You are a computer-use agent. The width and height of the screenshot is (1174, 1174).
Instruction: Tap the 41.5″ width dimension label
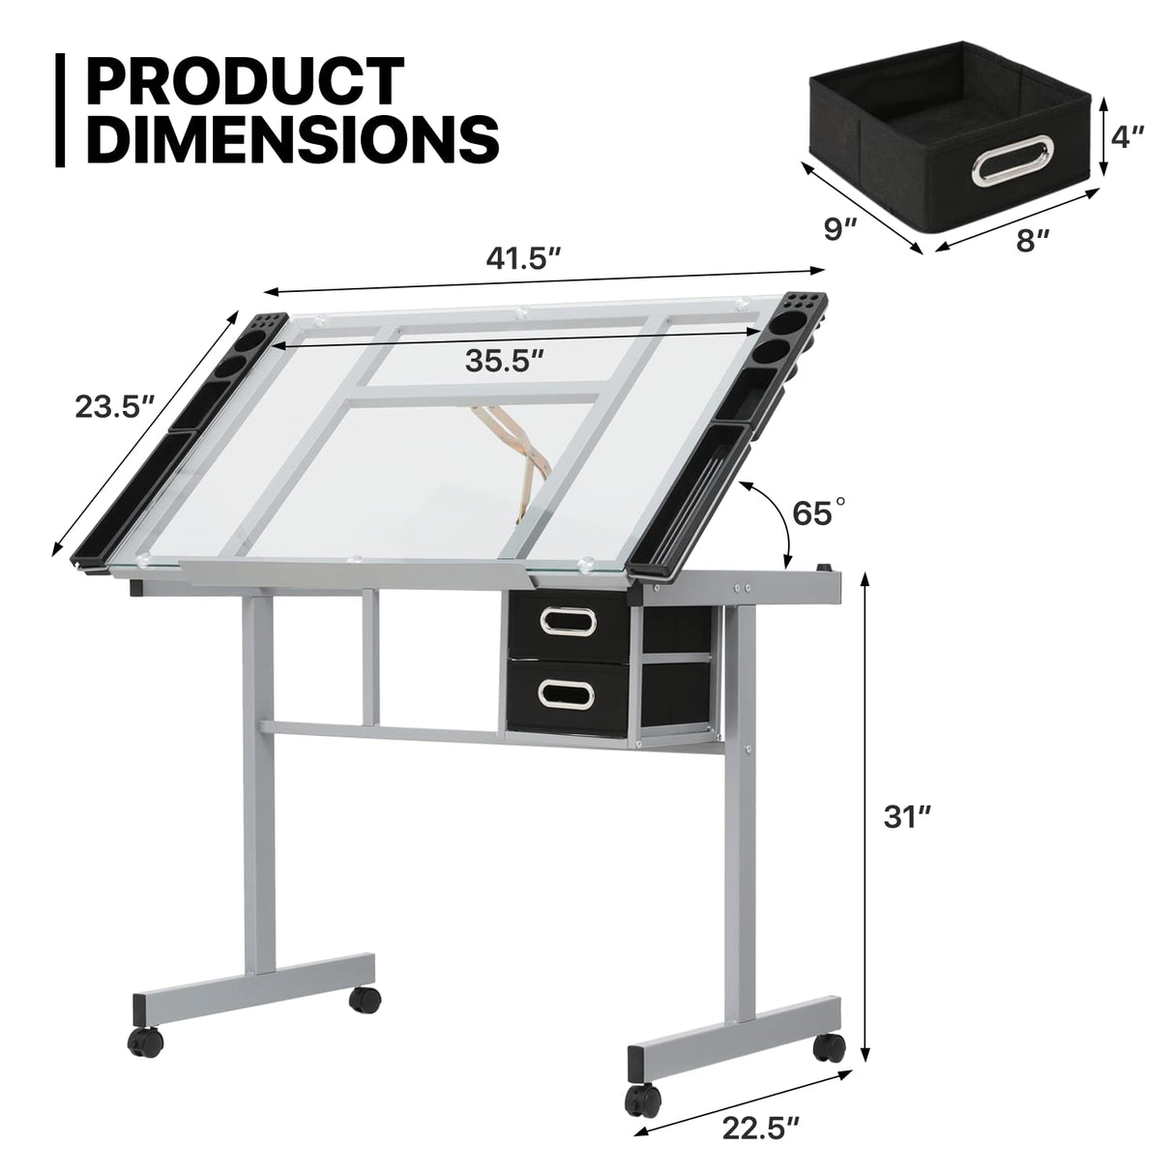[524, 258]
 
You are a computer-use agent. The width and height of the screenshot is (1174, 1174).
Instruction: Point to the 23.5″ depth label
[116, 406]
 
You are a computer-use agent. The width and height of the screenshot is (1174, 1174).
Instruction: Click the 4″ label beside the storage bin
[1128, 136]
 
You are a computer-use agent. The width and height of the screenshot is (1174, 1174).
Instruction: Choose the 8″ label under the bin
[1033, 239]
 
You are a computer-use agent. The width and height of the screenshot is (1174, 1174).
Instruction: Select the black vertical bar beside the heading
[64, 110]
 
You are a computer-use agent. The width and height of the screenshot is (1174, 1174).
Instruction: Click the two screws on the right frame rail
[743, 586]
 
